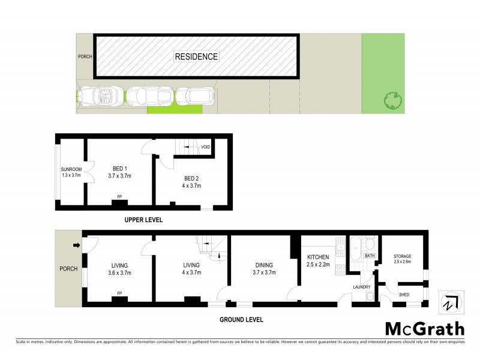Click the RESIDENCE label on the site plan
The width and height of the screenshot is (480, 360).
click(196, 57)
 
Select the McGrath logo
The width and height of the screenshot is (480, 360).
click(424, 329)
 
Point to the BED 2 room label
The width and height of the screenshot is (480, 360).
click(192, 178)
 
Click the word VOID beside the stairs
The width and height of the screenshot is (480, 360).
click(205, 148)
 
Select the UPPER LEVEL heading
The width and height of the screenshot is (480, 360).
click(143, 220)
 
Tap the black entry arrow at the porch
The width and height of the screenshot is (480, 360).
click(76, 245)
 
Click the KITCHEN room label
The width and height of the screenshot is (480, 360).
click(318, 257)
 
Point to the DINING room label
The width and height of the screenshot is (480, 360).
click(264, 265)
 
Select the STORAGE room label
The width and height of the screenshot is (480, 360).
click(403, 257)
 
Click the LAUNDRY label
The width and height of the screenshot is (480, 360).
click(361, 287)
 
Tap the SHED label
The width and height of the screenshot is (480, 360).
click(404, 295)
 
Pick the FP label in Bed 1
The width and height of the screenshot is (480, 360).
click(120, 195)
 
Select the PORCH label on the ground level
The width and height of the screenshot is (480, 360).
click(68, 269)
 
